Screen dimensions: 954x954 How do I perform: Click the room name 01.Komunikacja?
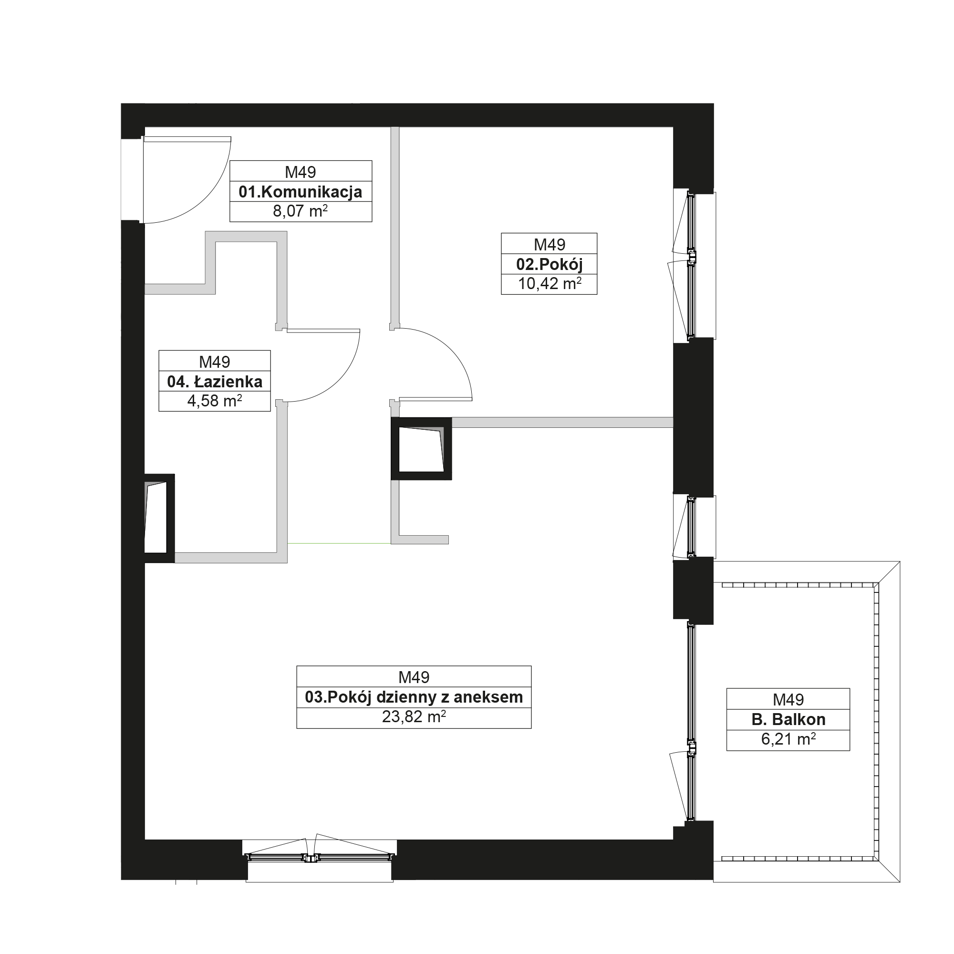(300, 192)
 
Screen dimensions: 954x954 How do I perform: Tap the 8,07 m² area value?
(300, 211)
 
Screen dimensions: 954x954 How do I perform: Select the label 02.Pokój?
(549, 265)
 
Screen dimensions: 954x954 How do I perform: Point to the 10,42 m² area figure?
(549, 283)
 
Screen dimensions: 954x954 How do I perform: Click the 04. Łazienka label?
(215, 382)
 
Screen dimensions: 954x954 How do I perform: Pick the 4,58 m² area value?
(215, 401)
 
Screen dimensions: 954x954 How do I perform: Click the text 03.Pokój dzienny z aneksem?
(414, 697)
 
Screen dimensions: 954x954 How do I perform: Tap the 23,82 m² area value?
(414, 716)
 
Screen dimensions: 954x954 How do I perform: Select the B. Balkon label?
(788, 719)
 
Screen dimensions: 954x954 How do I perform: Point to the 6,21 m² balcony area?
(788, 739)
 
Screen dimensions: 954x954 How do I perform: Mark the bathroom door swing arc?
(339, 381)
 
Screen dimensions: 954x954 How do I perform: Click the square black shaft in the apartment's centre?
(421, 449)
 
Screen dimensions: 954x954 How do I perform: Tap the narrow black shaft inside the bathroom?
(159, 518)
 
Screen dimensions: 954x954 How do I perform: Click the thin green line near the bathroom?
(339, 543)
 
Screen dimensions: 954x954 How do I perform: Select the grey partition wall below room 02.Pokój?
(562, 422)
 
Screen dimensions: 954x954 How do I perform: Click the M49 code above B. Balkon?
(788, 699)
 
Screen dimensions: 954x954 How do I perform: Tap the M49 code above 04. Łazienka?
(215, 362)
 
